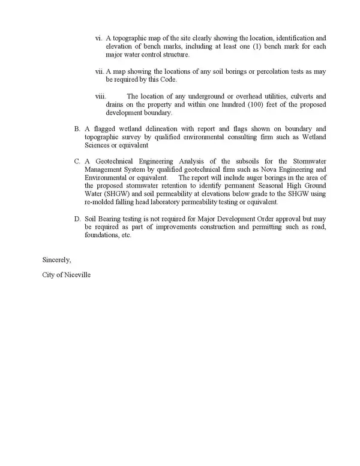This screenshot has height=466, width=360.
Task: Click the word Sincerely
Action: pyautogui.click(x=56, y=261)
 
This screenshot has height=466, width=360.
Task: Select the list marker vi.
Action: pyautogui.click(x=99, y=38)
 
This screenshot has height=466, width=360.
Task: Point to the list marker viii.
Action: pyautogui.click(x=101, y=96)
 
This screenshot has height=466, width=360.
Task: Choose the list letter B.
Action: pyautogui.click(x=77, y=129)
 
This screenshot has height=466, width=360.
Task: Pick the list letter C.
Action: pyautogui.click(x=77, y=162)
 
